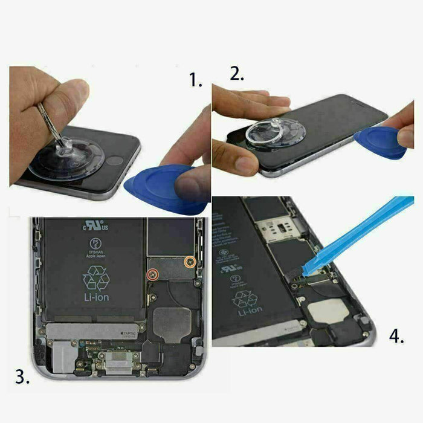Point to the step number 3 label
coord(24,378)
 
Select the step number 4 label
coord(396,335)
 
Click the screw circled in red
coord(153,274)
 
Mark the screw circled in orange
coord(190,261)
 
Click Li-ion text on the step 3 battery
coord(96,297)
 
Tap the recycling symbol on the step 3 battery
coord(96,279)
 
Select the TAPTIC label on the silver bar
coord(129,333)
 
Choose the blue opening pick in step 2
coord(381,143)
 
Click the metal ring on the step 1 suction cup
coord(47,118)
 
